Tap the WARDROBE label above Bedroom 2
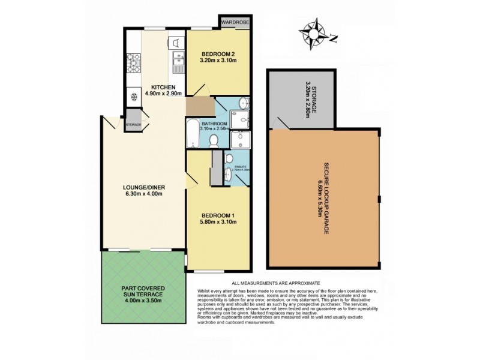click(x=235, y=22)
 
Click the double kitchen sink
click(x=177, y=59)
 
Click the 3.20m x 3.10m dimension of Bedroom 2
click(x=218, y=61)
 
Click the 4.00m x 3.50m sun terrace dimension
click(x=141, y=301)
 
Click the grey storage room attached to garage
click(x=302, y=99)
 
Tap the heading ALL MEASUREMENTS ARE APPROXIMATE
click(x=276, y=283)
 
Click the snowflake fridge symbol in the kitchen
click(x=133, y=97)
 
